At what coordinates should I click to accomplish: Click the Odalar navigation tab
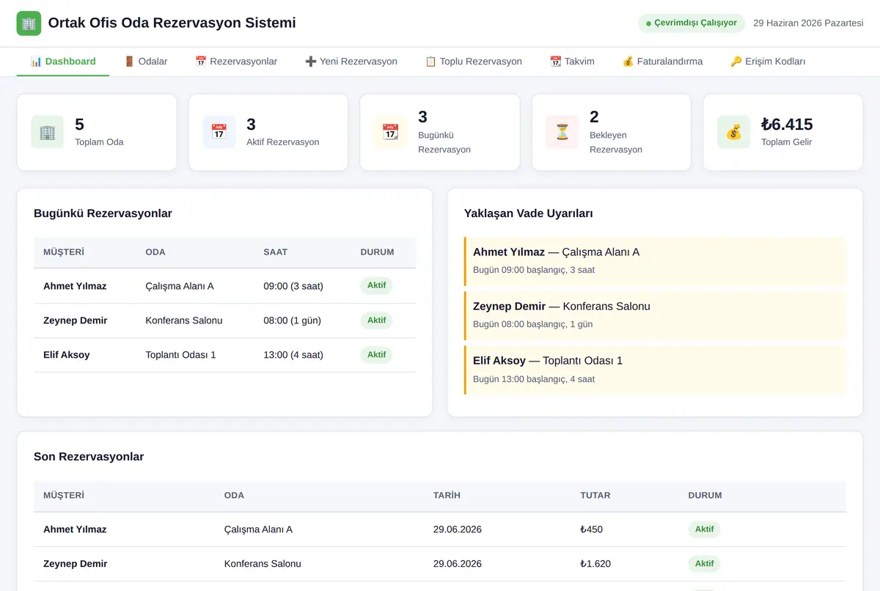146,62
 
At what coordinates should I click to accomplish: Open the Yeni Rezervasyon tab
351,62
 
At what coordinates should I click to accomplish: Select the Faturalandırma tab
663,62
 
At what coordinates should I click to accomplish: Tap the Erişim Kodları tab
768,62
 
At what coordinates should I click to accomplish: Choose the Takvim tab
573,62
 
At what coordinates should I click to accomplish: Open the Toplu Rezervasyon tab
474,62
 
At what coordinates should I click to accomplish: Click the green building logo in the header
29,23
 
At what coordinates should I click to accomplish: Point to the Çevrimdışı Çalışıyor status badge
692,23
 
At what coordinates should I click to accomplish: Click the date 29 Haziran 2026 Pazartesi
808,23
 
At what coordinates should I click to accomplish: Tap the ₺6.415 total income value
787,124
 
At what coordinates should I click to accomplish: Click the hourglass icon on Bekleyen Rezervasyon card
562,132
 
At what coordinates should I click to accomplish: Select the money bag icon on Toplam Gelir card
733,132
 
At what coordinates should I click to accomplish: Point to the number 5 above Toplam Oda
79,125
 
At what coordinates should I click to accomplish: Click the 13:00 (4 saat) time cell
293,355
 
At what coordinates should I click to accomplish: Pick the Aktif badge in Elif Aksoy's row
376,355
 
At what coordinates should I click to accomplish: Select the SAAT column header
276,252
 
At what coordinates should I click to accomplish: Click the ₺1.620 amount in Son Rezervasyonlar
595,564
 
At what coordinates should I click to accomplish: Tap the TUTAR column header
595,495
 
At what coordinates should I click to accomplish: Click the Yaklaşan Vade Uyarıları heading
529,213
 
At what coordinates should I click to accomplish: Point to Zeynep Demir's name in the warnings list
509,306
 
